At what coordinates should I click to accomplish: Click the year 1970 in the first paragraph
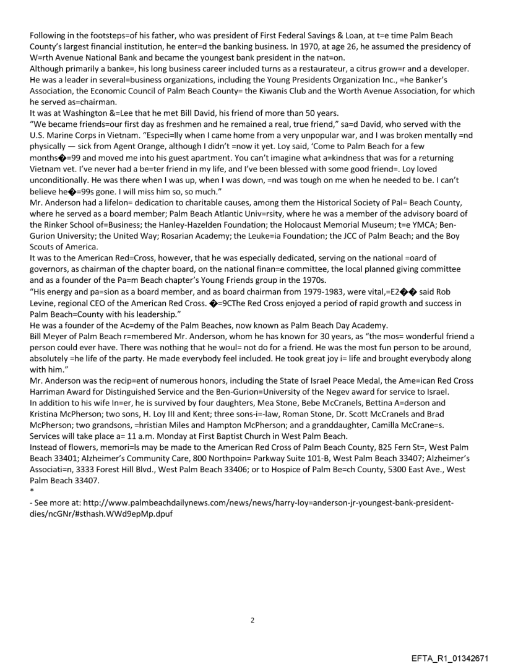[321, 46]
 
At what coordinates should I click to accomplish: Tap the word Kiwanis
[286, 91]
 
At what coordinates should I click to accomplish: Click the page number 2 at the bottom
[252, 620]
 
